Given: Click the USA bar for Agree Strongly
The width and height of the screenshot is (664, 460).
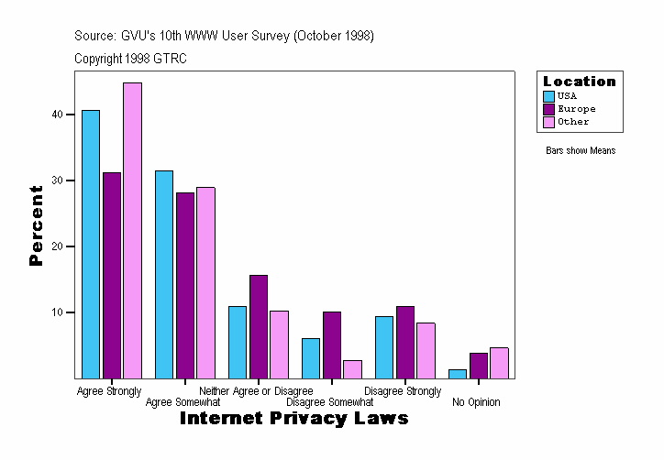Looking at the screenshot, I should tap(91, 244).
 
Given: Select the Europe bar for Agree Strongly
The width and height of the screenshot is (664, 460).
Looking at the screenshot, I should tap(112, 275).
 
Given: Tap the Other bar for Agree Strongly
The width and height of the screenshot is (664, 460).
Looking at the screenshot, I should tap(132, 230).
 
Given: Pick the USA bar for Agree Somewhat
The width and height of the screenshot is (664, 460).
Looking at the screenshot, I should tap(164, 274).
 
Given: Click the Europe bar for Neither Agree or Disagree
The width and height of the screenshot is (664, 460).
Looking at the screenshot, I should tap(259, 326).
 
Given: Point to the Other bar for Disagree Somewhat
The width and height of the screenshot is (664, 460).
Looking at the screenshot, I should tap(352, 368).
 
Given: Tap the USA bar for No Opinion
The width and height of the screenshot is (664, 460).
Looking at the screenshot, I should tap(458, 373).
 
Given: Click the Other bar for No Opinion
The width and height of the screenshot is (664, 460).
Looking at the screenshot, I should tap(499, 362).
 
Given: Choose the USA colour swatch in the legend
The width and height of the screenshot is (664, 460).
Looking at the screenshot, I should tap(549, 95).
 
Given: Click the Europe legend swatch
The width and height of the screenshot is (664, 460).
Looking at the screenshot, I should tap(549, 108).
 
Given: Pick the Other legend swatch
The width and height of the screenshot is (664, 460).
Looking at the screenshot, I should tap(549, 121).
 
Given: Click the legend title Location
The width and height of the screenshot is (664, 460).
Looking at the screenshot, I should tap(580, 82).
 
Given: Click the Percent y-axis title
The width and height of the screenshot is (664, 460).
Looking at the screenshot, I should tap(37, 225).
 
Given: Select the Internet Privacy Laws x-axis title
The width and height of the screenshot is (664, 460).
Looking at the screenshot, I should tap(293, 419).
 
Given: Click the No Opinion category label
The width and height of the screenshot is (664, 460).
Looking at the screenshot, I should tap(476, 402).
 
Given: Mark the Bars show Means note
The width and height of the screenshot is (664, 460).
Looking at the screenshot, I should tap(581, 150).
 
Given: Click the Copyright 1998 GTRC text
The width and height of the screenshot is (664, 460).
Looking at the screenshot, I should tap(131, 59).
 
